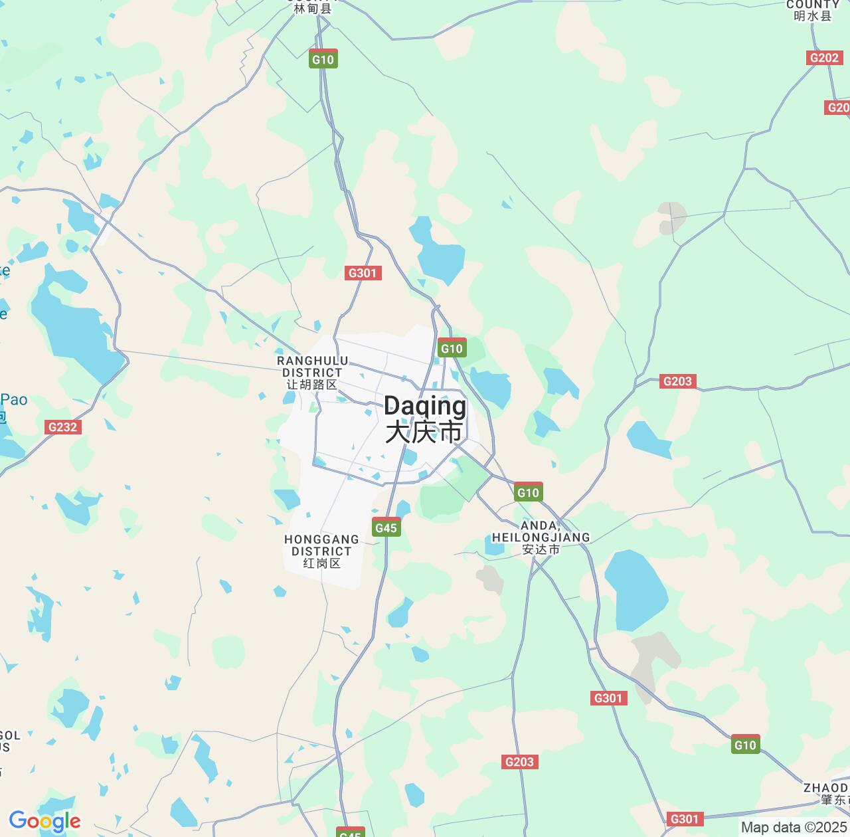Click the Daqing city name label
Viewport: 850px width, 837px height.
click(424, 418)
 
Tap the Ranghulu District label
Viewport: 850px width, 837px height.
click(311, 373)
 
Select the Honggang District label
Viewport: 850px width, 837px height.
click(321, 551)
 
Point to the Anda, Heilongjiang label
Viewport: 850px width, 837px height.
click(541, 537)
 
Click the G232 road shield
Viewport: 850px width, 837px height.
click(62, 427)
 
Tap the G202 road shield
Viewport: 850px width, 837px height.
click(823, 58)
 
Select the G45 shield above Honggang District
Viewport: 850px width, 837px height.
click(386, 528)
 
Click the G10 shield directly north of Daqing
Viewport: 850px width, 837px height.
click(452, 348)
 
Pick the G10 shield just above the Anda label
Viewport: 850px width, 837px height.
click(528, 492)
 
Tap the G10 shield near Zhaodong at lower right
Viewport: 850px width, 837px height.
click(745, 745)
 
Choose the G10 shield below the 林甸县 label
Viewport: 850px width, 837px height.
click(323, 59)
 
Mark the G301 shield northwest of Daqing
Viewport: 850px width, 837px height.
click(363, 272)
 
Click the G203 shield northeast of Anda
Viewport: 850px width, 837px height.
click(677, 381)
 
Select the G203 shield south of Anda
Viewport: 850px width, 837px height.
click(519, 762)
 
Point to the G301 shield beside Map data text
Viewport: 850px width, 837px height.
click(684, 819)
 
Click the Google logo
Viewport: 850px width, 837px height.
click(44, 822)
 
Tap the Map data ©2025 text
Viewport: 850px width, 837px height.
click(794, 828)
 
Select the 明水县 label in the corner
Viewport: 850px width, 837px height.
click(812, 15)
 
